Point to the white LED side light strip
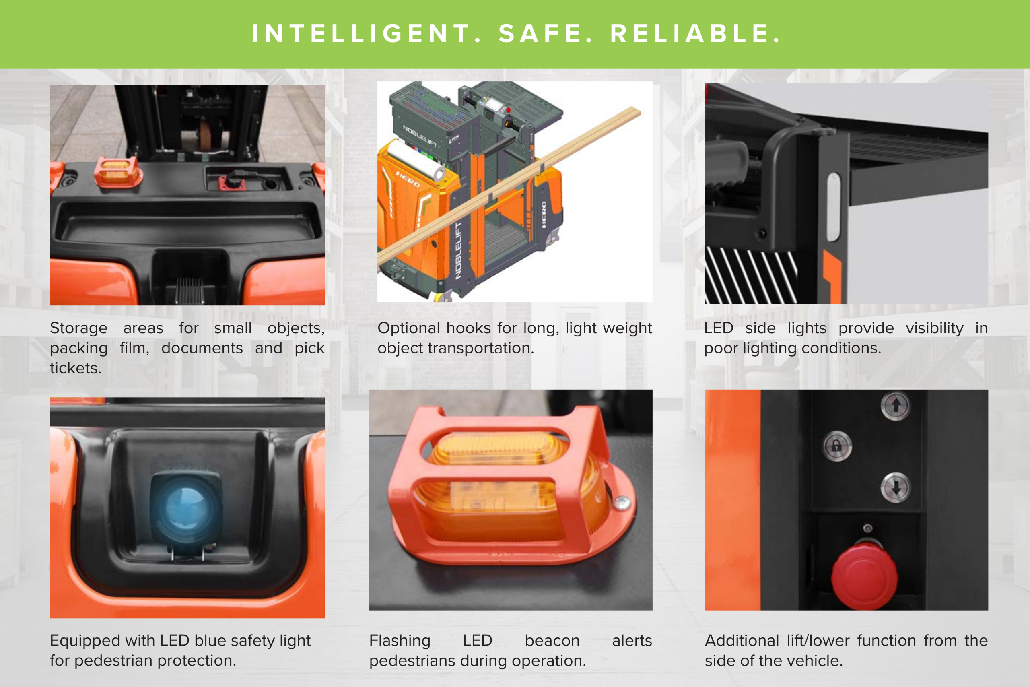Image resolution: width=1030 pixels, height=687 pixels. click(x=834, y=207)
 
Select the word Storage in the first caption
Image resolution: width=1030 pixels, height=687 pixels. click(x=79, y=328)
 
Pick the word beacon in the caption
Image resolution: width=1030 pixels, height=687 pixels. click(x=552, y=641)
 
